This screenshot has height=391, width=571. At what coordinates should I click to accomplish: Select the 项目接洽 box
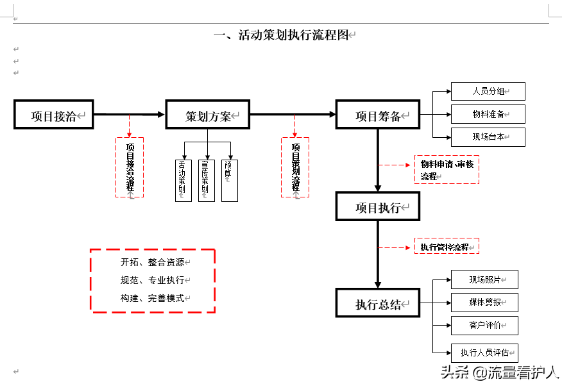pos(54,115)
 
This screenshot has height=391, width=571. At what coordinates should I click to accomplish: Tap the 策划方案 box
pos(207,115)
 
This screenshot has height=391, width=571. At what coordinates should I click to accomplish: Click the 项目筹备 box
pos(378,115)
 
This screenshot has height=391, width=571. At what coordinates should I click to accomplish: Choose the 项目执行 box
pos(378,207)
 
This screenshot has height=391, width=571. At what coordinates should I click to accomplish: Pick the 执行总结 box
pos(378,304)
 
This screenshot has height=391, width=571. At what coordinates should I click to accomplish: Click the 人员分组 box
pos(488,92)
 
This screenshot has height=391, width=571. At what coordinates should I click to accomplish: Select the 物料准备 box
pos(488,114)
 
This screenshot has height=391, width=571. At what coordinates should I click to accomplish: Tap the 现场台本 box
pos(488,137)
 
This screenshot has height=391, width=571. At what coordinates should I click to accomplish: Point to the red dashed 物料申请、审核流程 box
pos(447,170)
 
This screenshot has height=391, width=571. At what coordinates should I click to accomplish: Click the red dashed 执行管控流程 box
pos(447,246)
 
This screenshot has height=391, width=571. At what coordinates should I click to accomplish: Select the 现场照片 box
pos(484,279)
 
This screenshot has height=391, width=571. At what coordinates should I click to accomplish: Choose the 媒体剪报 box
pos(484,303)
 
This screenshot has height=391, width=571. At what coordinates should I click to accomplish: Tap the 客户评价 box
pos(484,325)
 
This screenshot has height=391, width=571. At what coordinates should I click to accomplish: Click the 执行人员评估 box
pos(484,353)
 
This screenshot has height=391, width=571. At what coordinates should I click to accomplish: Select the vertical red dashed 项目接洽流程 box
pos(130,167)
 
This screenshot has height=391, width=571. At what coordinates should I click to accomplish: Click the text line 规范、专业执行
pos(152,280)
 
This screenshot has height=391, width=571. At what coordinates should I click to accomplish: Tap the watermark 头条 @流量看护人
pos(507,372)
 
